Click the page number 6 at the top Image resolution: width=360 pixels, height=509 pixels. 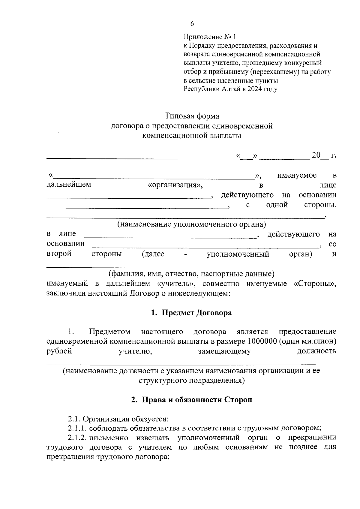pos(192,24)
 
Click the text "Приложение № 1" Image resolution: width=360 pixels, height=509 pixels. pos(210,37)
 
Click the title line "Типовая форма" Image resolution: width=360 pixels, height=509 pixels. pos(192,116)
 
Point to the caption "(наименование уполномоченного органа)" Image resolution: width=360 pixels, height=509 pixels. pos(192,224)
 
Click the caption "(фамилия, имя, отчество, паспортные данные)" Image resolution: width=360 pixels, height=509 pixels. pos(191,274)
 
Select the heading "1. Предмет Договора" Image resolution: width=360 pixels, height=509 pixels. pos(192,313)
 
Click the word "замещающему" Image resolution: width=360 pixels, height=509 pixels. pos(224,351)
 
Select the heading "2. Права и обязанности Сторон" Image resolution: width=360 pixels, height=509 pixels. pos(192,400)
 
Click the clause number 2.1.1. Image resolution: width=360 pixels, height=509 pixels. pos(77,428)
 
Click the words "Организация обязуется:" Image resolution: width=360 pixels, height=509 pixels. pos(126,419)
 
